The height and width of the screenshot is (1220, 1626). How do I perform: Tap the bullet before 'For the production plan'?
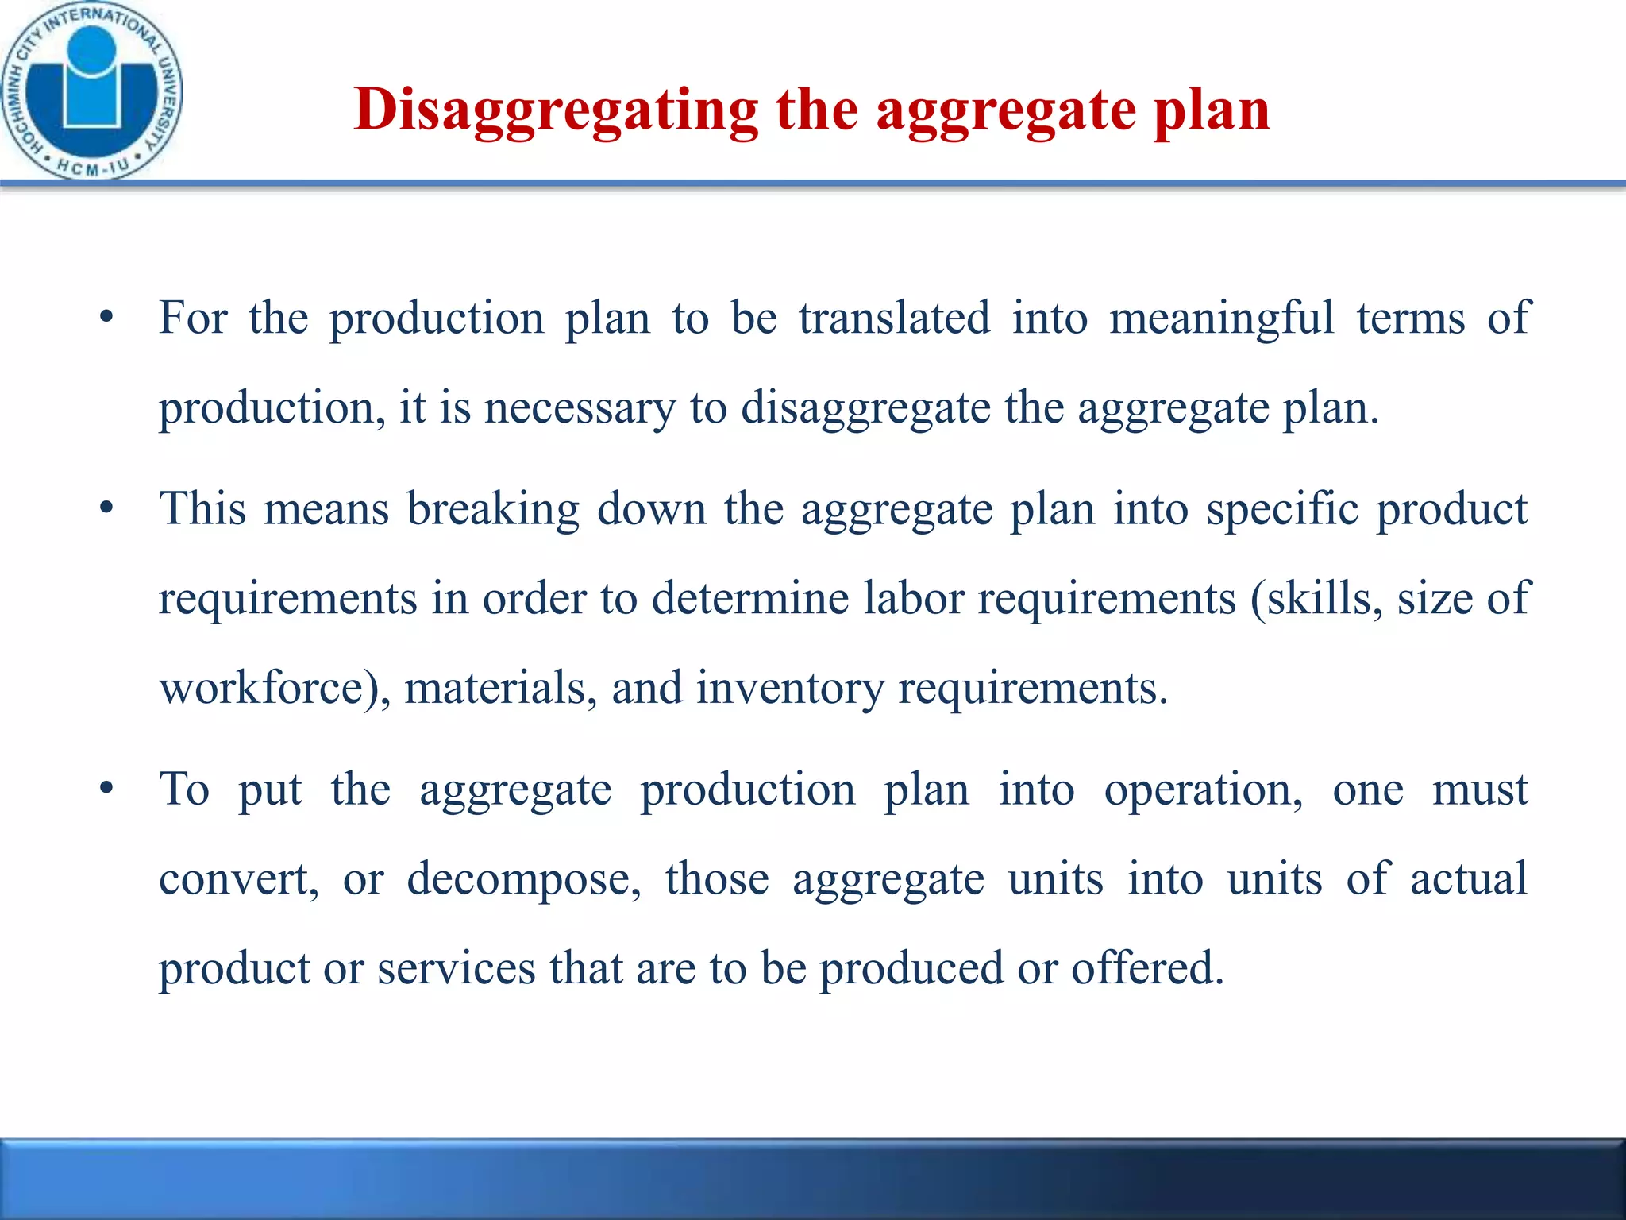[106, 319]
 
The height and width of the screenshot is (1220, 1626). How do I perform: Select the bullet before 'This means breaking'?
[106, 509]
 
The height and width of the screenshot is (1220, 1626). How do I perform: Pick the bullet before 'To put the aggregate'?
[106, 790]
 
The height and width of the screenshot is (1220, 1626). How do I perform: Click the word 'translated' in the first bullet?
[894, 318]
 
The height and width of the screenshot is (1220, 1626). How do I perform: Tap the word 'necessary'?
[580, 408]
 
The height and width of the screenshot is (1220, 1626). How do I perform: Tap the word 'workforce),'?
[275, 688]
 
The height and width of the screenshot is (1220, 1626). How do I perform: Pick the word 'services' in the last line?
[457, 968]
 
